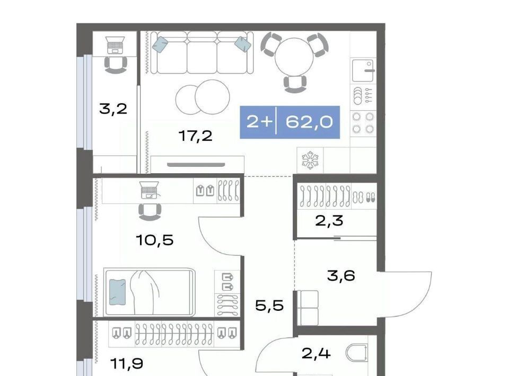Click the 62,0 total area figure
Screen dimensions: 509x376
tap(309, 122)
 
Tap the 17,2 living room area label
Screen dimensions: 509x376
tap(196, 136)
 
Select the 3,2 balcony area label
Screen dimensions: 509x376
tap(113, 109)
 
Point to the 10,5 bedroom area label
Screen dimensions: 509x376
tap(155, 240)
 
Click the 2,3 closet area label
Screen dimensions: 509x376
tap(329, 221)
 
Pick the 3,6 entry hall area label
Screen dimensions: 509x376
tap(341, 276)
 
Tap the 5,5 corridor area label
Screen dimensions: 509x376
tap(269, 306)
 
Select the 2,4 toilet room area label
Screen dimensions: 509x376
tap(316, 353)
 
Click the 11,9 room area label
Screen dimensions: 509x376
tap(127, 364)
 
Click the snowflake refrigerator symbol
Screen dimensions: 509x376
tap(310, 160)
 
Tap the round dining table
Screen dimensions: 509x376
tap(294, 58)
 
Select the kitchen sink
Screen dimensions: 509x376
tap(363, 70)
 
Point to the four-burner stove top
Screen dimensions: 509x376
tap(363, 122)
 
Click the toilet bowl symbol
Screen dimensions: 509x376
tap(357, 353)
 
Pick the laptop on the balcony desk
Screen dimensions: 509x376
tap(115, 45)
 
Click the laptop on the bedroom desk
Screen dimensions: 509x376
tap(150, 190)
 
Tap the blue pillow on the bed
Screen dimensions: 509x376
tap(117, 292)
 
